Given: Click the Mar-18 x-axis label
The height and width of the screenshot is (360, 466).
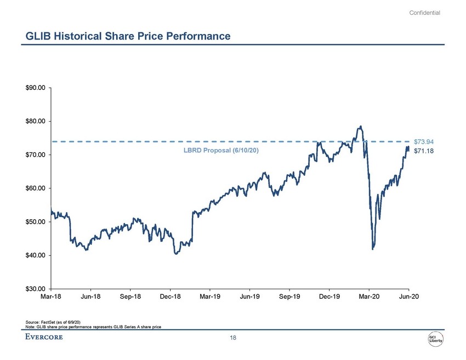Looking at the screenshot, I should [51, 297].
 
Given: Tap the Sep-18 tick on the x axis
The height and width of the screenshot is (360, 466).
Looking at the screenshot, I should [130, 297].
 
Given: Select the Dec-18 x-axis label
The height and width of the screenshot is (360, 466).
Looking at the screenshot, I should [170, 297].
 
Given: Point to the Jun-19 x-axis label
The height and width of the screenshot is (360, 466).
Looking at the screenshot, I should [249, 297].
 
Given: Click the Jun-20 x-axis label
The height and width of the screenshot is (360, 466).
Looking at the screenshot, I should [408, 297].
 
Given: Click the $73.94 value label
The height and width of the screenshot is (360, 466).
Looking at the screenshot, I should [424, 142].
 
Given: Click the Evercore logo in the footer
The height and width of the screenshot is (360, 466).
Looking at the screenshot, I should [44, 338].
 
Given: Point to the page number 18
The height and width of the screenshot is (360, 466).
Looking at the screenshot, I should [233, 338].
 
